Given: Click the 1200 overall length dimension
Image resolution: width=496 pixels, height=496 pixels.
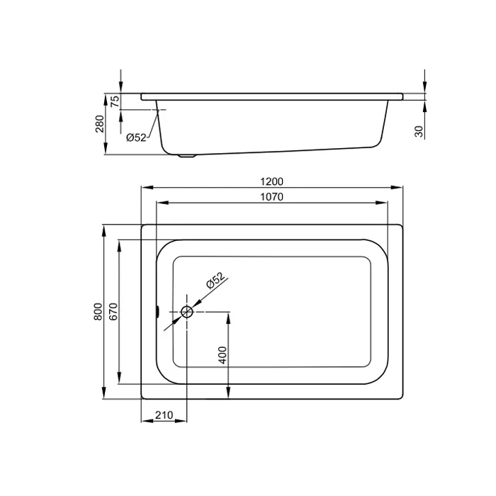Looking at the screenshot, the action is coord(271,181).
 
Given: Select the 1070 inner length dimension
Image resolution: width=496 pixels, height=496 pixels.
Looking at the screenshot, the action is coord(271,197).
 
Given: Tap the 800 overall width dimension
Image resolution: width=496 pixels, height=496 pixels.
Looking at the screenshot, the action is coord(98,312).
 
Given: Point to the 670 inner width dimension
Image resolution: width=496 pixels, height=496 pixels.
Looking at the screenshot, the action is coord(113,312).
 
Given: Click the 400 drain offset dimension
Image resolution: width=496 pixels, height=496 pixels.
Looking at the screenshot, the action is coord(222,355).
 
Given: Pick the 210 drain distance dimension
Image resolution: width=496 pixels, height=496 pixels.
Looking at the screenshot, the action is coord(164,415).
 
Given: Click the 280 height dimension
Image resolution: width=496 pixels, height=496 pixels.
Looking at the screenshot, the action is coord(100,124).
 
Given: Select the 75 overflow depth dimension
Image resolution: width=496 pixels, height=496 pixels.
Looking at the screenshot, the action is coord(115,101).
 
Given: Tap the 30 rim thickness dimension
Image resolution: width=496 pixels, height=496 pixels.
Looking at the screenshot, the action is coord(419,131).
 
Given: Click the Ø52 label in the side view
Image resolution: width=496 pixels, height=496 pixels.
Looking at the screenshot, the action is coord(136,137).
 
